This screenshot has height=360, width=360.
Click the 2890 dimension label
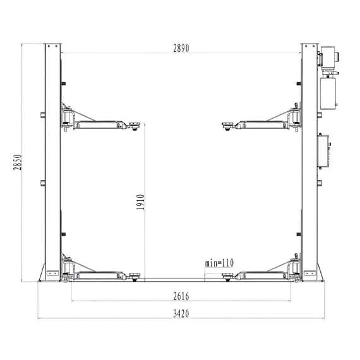[x=181, y=48]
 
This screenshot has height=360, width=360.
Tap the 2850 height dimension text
[x=18, y=162]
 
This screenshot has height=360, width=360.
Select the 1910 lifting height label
[x=140, y=202]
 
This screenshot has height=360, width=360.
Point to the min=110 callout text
[x=219, y=263]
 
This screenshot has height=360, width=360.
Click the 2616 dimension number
[x=181, y=296]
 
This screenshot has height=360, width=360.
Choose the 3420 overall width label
[x=181, y=313]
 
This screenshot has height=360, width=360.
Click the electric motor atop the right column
[x=328, y=56]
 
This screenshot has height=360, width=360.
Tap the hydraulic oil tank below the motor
[x=328, y=93]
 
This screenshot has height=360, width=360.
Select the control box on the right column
[x=323, y=152]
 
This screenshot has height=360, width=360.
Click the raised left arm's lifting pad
[x=135, y=126]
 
